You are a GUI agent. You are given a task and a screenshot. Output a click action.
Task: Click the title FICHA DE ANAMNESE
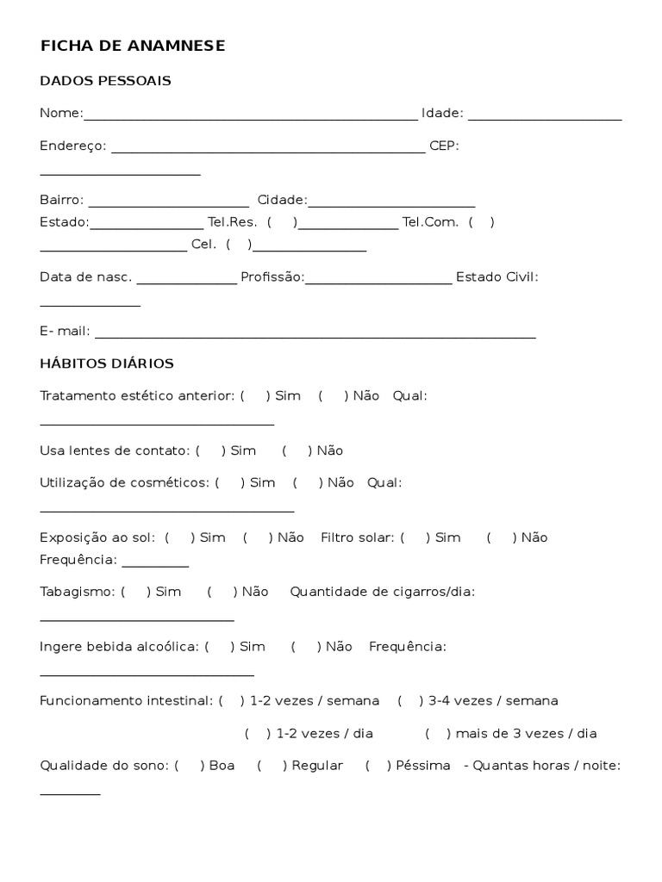[x=133, y=47]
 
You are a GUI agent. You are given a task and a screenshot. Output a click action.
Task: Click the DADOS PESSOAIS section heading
[x=105, y=81]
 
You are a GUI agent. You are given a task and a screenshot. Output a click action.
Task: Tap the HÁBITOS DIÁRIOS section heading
[x=107, y=363]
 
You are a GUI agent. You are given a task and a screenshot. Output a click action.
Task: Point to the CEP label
[x=444, y=146]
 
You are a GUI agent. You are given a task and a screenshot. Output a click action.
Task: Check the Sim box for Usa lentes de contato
[x=209, y=450]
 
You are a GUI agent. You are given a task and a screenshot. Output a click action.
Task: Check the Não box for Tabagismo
[x=222, y=592]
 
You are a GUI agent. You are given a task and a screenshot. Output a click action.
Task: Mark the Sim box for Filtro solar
[x=415, y=537]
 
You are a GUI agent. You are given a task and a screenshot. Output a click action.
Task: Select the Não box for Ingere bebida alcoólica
[x=305, y=647]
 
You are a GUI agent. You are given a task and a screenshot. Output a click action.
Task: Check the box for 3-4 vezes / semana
[x=408, y=701]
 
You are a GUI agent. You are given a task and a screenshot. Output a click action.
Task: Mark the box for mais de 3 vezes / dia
[x=437, y=734]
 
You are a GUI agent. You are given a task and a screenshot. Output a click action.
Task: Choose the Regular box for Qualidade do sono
[x=272, y=766]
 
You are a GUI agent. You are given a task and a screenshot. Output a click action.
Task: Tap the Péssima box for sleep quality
[x=378, y=766]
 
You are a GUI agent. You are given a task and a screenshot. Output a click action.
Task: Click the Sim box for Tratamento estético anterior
[x=254, y=395]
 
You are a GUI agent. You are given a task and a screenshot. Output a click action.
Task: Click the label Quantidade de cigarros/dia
[x=383, y=592]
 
